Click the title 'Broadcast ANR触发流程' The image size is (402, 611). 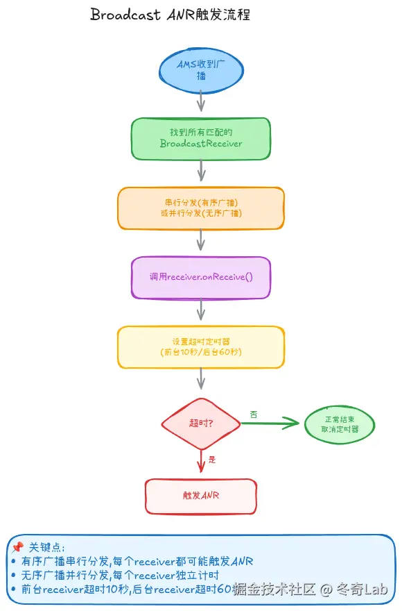pyautogui.click(x=171, y=16)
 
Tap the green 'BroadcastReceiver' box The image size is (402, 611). pyautogui.click(x=201, y=138)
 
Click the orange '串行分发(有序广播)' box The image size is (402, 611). pyautogui.click(x=201, y=208)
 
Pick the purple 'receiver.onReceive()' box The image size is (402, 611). pyautogui.click(x=201, y=277)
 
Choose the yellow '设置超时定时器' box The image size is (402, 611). pyautogui.click(x=201, y=346)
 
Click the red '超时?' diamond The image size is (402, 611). pyautogui.click(x=201, y=423)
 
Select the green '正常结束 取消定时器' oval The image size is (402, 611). pyautogui.click(x=340, y=424)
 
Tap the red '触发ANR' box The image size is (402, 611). pyautogui.click(x=201, y=496)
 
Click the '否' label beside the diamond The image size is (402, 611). pyautogui.click(x=254, y=414)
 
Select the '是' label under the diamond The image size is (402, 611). pyautogui.click(x=212, y=460)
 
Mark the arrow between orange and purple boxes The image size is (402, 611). pyautogui.click(x=201, y=240)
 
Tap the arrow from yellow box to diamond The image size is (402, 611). pyautogui.click(x=201, y=378)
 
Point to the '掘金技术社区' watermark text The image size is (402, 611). pyautogui.click(x=274, y=590)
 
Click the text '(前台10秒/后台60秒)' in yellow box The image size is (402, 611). pyautogui.click(x=201, y=352)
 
